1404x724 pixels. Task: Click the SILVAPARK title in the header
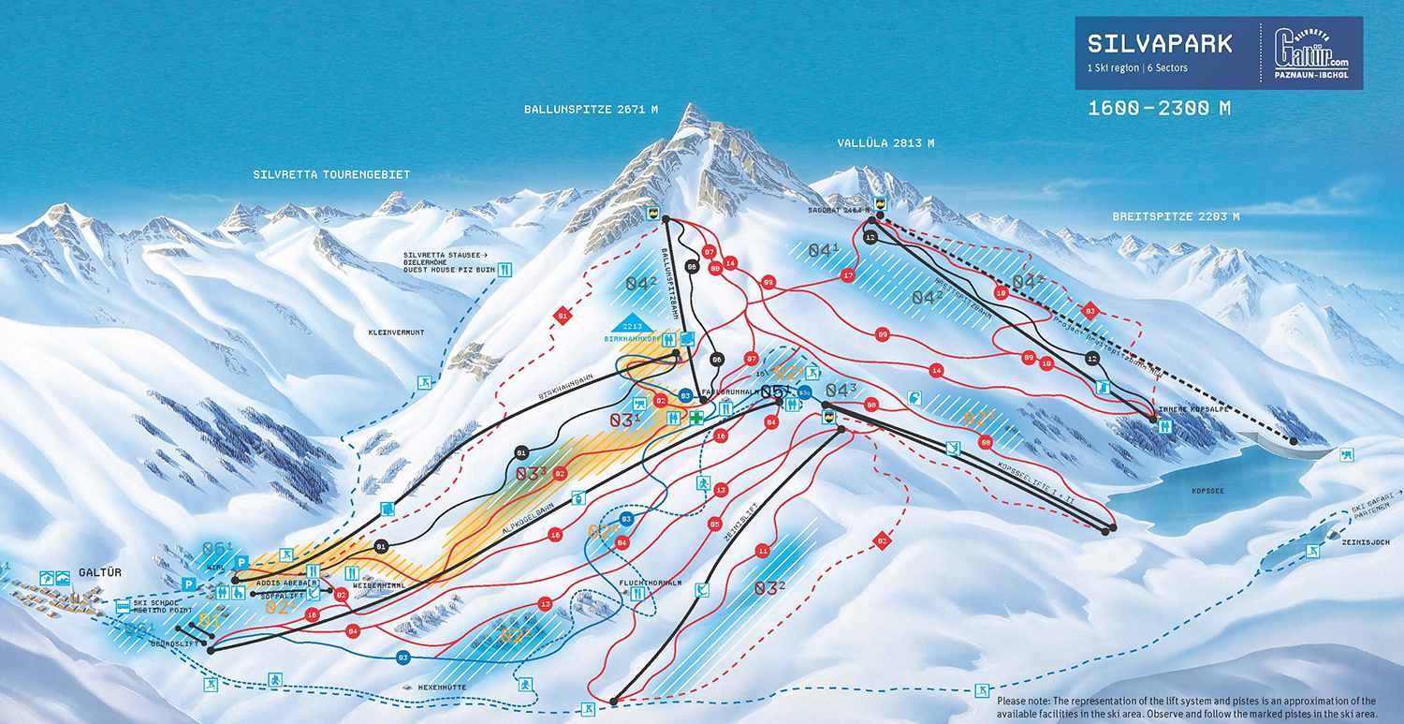[x=1160, y=44]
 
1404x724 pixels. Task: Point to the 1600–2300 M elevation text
[x=1159, y=109]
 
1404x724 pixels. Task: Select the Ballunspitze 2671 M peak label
[x=591, y=110]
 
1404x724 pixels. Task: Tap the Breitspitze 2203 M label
[x=1176, y=216]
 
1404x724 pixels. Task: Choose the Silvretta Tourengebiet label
[x=331, y=175]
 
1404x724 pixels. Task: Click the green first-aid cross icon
[x=696, y=418]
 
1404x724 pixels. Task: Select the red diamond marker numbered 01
[x=562, y=317]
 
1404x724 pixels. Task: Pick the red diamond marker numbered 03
[x=1089, y=310]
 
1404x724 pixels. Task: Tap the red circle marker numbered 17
[x=848, y=275]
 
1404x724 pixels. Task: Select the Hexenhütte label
[x=443, y=687]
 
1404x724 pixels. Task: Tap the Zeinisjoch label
[x=1355, y=541]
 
